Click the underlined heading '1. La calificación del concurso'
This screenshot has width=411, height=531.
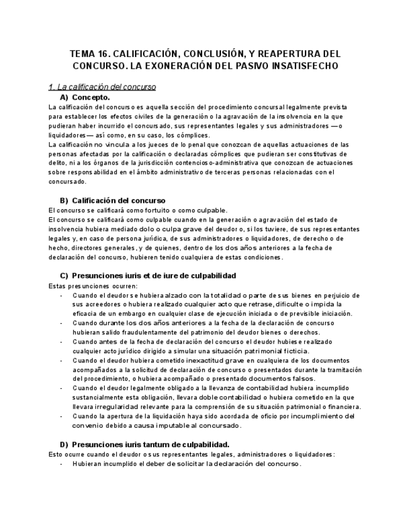point(102,86)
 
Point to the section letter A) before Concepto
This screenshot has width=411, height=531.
point(64,98)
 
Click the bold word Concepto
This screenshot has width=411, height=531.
point(91,98)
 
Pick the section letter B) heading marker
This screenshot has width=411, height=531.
point(64,200)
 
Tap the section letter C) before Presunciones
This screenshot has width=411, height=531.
point(64,276)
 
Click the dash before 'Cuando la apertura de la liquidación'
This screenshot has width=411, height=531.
point(61,416)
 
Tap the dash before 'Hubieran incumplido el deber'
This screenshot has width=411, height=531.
point(61,464)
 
